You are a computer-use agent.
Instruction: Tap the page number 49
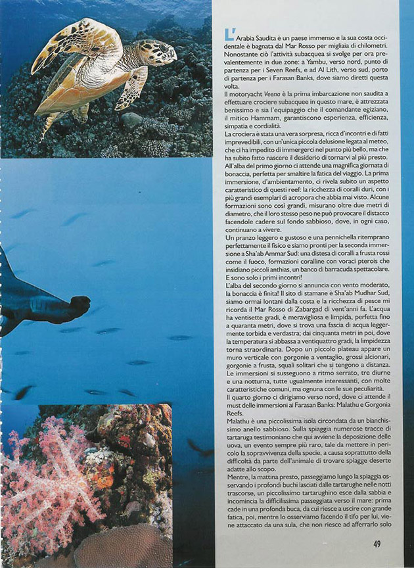377,544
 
